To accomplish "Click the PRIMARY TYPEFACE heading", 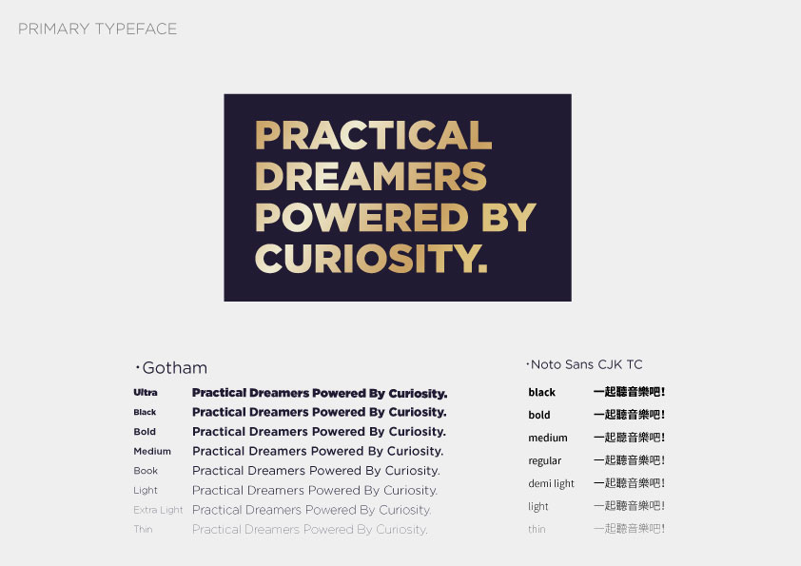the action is click(x=98, y=29).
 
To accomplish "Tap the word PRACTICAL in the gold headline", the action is click(x=374, y=135).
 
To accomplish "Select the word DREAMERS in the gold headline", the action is click(x=371, y=176).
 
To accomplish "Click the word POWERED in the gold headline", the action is click(x=361, y=217).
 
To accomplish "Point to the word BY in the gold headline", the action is click(x=509, y=217).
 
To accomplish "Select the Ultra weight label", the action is click(x=146, y=392).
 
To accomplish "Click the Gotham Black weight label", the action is click(x=145, y=412).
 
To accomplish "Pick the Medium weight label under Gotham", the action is click(x=152, y=451).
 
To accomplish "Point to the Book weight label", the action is click(x=146, y=471).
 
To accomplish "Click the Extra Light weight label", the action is click(x=158, y=510).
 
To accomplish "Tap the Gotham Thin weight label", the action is click(x=143, y=529).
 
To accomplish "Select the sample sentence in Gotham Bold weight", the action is click(x=320, y=432).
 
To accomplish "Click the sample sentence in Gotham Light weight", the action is click(x=315, y=491).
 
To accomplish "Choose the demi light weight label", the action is click(x=551, y=483).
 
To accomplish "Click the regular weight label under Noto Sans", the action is click(x=544, y=460).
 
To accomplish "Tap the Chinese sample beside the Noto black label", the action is click(x=630, y=392).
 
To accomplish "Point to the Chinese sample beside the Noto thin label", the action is click(x=630, y=529).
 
